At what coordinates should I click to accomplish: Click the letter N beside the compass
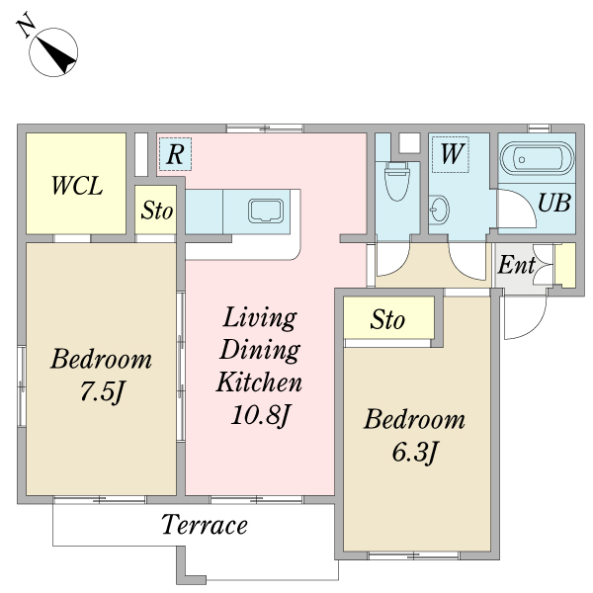(26, 25)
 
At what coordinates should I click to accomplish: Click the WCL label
(77, 186)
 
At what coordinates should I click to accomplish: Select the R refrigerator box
(175, 154)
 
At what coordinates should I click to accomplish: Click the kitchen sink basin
(266, 211)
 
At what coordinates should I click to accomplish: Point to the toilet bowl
(397, 181)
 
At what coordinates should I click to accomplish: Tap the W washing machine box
(451, 154)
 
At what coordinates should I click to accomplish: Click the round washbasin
(440, 209)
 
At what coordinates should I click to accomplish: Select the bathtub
(537, 159)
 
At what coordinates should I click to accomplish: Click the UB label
(554, 203)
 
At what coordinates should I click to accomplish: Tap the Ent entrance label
(517, 264)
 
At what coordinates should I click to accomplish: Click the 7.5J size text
(102, 391)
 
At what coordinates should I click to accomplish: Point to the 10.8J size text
(261, 416)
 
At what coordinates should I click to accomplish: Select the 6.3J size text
(414, 452)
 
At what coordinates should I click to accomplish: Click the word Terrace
(205, 524)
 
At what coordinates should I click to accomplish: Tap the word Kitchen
(259, 381)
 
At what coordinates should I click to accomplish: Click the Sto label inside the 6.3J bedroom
(387, 319)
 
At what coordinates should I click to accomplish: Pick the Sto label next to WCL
(156, 211)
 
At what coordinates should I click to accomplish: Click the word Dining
(260, 350)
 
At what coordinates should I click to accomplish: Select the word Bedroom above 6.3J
(414, 419)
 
